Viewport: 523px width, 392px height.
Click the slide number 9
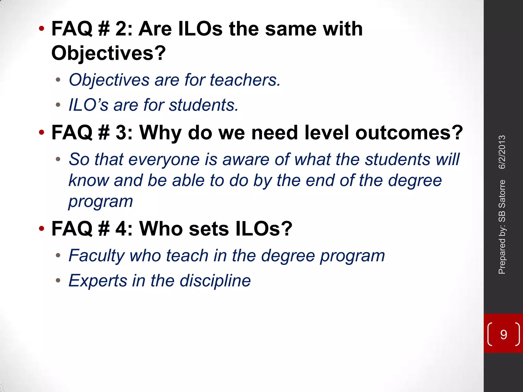(x=503, y=334)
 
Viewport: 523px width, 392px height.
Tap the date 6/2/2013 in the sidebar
(x=502, y=152)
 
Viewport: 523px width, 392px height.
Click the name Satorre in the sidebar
(x=502, y=194)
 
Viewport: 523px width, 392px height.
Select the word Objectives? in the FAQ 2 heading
(x=109, y=53)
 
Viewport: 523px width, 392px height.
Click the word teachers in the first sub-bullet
(x=244, y=80)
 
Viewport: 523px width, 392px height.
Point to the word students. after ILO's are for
(x=204, y=105)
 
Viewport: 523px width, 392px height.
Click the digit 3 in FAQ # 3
(x=121, y=133)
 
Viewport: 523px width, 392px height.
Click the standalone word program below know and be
(x=101, y=201)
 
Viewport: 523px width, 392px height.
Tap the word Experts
(x=98, y=280)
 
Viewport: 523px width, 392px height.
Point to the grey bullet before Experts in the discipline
(x=58, y=280)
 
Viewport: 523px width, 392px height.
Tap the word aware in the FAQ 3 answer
(x=246, y=160)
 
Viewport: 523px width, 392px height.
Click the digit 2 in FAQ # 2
(x=121, y=29)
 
